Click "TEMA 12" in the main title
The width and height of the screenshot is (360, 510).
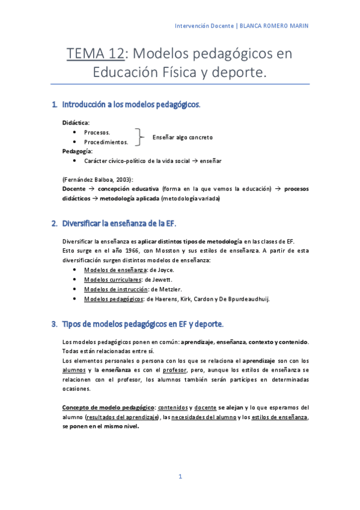96,54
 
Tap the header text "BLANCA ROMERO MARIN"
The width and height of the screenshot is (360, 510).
275,26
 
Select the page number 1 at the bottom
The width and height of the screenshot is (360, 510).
180,477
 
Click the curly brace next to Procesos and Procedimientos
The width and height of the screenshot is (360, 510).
139,137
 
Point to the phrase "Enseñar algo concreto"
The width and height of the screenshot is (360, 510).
183,137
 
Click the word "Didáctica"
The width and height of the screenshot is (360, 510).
75,123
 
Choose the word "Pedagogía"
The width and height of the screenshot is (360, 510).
76,152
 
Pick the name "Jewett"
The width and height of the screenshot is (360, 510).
162,279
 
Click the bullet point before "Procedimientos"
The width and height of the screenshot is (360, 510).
73,142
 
